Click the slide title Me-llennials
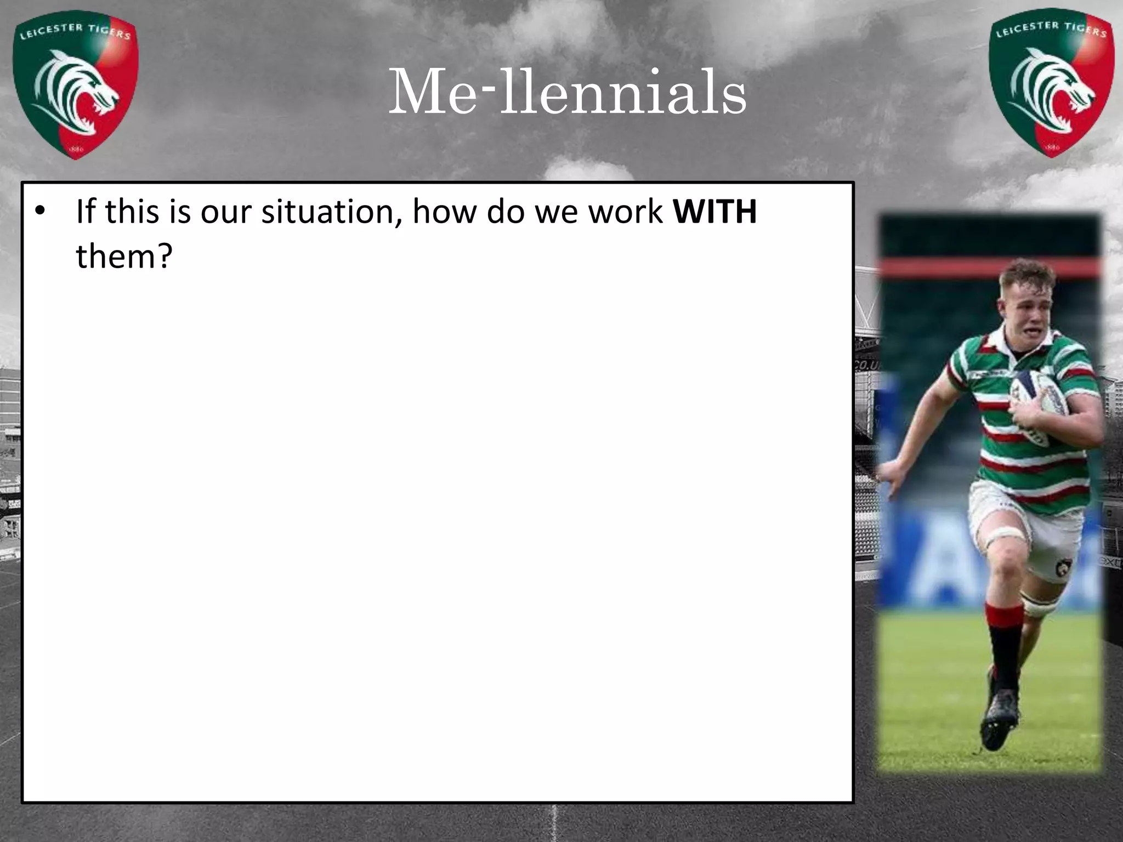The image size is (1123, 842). point(567,92)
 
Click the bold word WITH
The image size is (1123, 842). point(715,211)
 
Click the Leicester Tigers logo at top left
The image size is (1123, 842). point(76,88)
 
